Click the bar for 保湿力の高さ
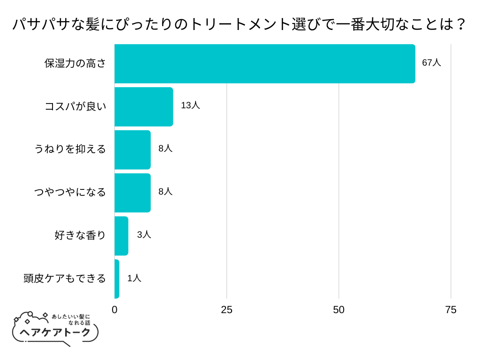point(265,64)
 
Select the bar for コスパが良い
point(144,107)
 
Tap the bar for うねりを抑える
point(133,150)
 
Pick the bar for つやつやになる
point(133,193)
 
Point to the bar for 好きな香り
point(121,236)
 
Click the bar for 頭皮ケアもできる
point(117,279)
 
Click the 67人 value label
point(431,63)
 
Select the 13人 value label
point(190,105)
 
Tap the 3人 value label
point(144,235)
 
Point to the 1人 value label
point(134,278)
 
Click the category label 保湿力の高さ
point(75,64)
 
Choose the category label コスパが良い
point(75,107)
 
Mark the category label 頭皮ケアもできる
point(65,279)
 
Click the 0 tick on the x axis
point(115,310)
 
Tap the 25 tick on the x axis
point(226,310)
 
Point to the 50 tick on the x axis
point(338,310)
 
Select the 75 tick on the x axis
point(450,310)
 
